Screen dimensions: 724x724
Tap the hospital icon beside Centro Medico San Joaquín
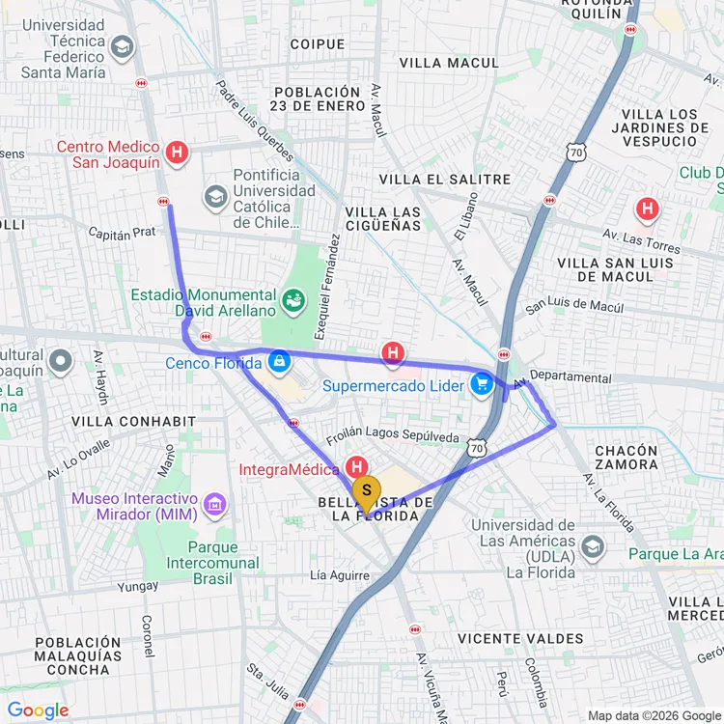click(177, 152)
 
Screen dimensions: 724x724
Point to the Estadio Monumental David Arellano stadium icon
click(292, 303)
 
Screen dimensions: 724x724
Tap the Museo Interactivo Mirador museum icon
click(214, 504)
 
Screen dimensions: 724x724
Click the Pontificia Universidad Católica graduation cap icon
click(214, 197)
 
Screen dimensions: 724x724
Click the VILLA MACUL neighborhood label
click(449, 64)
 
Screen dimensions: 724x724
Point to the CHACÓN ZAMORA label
click(627, 458)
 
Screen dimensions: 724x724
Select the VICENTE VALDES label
click(520, 638)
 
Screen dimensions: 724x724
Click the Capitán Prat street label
click(122, 234)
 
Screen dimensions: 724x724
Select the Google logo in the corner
click(38, 710)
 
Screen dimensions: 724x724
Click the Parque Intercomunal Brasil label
click(212, 563)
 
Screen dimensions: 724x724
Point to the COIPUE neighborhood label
click(317, 44)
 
